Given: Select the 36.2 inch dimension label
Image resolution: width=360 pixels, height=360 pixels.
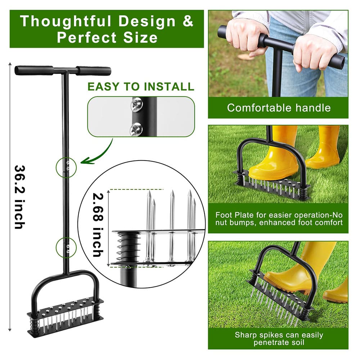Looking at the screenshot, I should (x=19, y=197).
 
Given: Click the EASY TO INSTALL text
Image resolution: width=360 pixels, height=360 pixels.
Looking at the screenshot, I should (x=141, y=87).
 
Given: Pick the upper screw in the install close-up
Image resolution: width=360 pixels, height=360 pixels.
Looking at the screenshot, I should (x=137, y=104).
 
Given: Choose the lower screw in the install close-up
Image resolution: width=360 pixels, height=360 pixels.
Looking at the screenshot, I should (x=136, y=129).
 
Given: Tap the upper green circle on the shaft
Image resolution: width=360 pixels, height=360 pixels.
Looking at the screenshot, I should (x=66, y=167).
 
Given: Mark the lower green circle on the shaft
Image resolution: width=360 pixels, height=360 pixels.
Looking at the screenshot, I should (x=66, y=248).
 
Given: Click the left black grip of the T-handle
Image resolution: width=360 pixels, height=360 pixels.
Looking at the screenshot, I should (x=34, y=70).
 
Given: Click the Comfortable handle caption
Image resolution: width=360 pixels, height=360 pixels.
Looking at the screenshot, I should (x=279, y=107).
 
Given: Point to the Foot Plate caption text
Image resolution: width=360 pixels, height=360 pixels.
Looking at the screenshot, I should (x=279, y=219).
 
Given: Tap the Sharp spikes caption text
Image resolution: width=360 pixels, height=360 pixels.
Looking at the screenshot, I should (x=279, y=338).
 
